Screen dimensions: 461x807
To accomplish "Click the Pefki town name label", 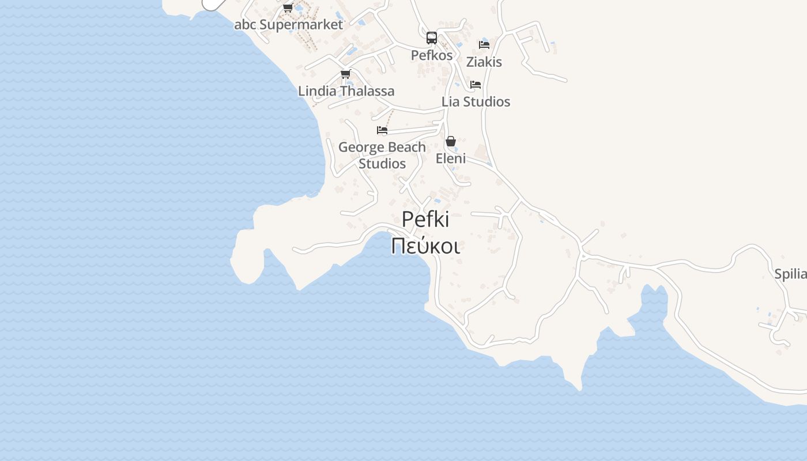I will coord(425,220).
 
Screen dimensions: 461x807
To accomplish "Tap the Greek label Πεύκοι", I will coord(425,246).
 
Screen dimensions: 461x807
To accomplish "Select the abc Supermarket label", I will coord(288,25).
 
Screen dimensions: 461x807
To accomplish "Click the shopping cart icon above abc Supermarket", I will coord(288,8).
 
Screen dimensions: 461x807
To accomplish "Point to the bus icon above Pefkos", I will coord(432,38).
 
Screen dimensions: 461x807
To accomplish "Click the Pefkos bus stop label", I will coord(432,55).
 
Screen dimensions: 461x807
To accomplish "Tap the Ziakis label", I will coord(484,62).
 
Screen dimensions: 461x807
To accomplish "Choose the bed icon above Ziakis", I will coord(484,45).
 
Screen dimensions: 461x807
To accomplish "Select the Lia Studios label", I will coord(476,101).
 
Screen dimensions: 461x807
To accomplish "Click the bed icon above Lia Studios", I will coord(476,85).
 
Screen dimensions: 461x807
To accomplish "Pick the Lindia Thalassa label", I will coord(346,91).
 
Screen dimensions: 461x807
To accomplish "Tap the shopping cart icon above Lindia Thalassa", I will coord(346,74).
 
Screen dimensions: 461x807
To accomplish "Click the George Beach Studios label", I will coord(382,155).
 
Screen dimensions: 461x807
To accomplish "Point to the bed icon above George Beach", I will coord(382,130).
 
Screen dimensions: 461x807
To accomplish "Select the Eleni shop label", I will coord(451,158).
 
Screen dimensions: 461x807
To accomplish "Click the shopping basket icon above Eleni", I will coord(451,141).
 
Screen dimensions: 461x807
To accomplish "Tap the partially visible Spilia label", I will coord(790,274).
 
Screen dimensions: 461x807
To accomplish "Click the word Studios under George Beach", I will coord(382,164).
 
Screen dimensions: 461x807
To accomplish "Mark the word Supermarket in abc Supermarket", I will coord(301,25).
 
